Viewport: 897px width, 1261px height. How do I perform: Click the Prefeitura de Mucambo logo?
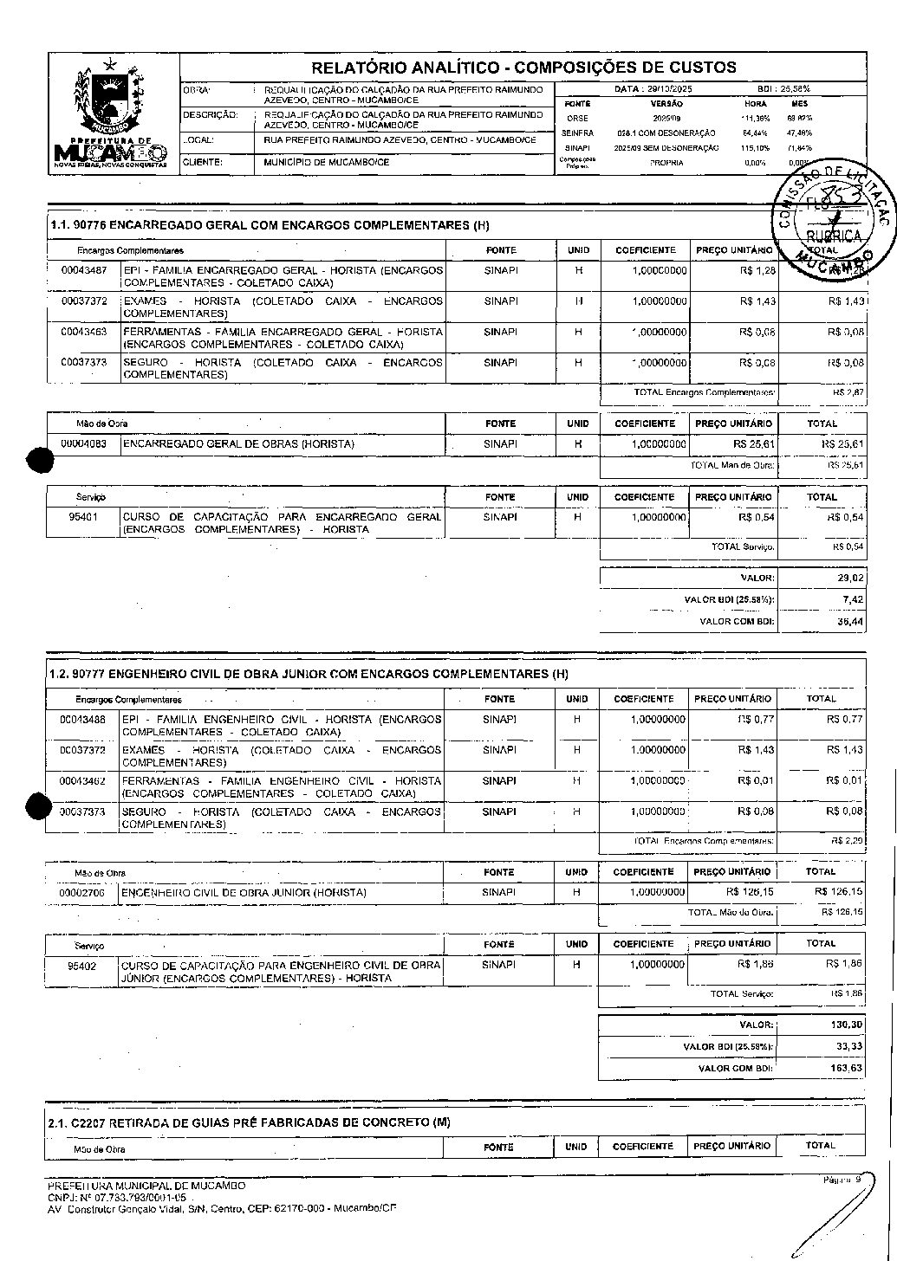pos(111,113)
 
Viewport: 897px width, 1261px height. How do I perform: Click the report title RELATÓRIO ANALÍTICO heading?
pos(523,68)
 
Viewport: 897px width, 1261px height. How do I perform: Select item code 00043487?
pos(84,270)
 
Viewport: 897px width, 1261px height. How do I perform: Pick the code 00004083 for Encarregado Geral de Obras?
pos(84,444)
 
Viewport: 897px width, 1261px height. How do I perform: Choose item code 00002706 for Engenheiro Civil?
pos(82,892)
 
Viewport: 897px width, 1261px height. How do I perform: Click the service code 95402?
pos(82,965)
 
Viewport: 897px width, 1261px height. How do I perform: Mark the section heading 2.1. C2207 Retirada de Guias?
pos(250,1122)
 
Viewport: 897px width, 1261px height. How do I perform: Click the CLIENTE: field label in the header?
pos(202,162)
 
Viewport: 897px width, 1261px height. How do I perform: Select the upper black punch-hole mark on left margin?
pos(40,462)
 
